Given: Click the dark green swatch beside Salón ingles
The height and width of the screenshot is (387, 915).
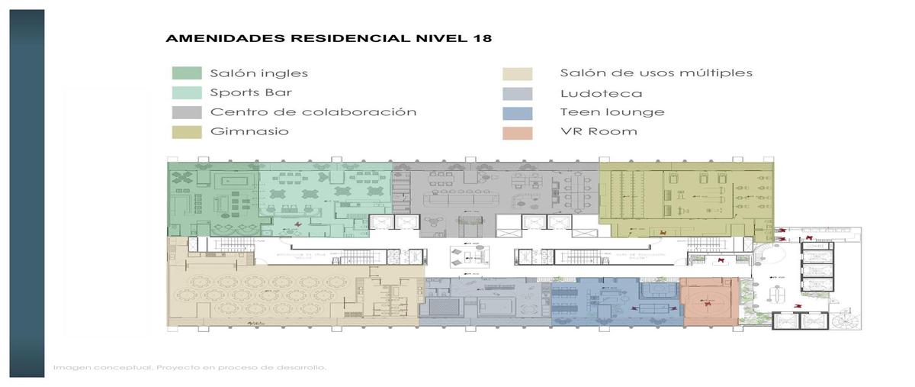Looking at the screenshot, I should (187, 73).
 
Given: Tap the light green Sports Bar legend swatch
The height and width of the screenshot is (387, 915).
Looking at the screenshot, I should (187, 93).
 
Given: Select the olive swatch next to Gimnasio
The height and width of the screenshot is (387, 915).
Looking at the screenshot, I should (187, 131).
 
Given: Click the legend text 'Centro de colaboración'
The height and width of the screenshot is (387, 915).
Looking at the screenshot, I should (313, 112).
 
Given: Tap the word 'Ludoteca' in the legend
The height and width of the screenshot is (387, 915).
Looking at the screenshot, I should (601, 93).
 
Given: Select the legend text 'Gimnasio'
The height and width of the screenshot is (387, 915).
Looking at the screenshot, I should (249, 131).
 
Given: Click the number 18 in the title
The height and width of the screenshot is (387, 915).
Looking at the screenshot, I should (482, 38).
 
